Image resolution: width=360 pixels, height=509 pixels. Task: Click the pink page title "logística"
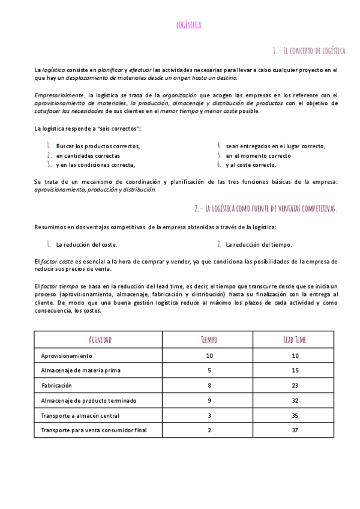(189, 25)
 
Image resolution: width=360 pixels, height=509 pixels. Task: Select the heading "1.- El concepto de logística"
(309, 50)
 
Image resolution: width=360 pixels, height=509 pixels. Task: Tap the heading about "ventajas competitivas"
(266, 208)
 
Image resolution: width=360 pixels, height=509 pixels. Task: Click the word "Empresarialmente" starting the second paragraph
(59, 95)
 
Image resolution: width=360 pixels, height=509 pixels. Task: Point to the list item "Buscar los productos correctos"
(98, 146)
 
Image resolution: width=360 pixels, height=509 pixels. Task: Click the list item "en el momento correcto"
(259, 155)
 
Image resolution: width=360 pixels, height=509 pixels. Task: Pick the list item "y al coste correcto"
(251, 164)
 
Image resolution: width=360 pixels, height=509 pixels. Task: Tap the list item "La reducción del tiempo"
(259, 244)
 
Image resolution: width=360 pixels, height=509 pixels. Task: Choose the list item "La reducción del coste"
(86, 244)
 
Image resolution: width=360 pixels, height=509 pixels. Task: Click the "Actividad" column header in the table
(100, 340)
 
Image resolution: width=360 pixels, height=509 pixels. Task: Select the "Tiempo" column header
(209, 340)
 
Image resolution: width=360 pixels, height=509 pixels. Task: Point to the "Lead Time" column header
(295, 340)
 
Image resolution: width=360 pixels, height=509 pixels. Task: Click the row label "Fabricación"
(56, 385)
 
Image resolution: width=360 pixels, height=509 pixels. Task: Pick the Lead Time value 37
(295, 430)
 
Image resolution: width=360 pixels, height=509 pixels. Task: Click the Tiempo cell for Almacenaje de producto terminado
(209, 400)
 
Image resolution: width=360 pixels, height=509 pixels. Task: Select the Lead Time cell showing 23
(295, 385)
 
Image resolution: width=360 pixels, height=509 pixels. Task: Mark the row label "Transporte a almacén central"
(80, 415)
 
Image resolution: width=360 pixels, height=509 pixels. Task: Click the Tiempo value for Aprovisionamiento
(209, 356)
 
